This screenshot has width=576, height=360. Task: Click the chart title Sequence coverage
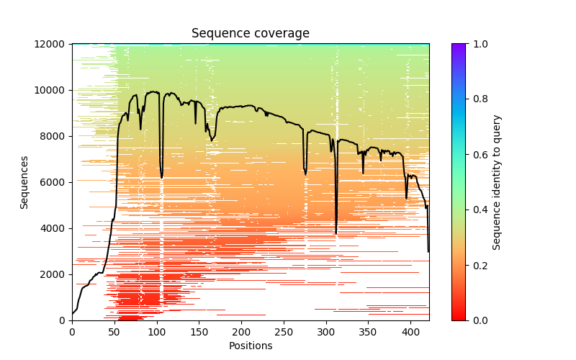coord(251,33)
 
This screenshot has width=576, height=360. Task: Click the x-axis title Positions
coord(251,346)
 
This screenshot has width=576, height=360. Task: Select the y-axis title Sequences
coord(24,182)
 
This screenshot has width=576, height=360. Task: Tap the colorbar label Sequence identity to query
coord(497,182)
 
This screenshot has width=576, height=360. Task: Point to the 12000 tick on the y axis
coord(53,44)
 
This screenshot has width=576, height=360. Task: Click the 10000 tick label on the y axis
coord(53,90)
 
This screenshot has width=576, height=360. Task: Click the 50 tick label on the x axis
coord(114,331)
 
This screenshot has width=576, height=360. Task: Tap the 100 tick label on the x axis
coord(157,331)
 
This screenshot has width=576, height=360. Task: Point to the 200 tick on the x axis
coord(242,331)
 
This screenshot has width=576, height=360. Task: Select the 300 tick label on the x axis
coord(326,331)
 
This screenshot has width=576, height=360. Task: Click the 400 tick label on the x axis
coord(411,331)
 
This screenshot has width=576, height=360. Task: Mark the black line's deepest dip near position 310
coord(336,233)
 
